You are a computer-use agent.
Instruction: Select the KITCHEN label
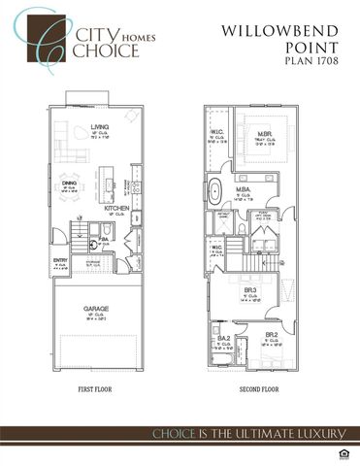pos(117,208)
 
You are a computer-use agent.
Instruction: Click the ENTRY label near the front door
pos(60,259)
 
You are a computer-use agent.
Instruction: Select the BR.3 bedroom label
pos(250,290)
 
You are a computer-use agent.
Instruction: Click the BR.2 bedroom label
pos(272,336)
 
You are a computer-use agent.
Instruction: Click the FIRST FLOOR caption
pos(98,390)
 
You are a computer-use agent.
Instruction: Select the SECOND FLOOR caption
pos(258,390)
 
